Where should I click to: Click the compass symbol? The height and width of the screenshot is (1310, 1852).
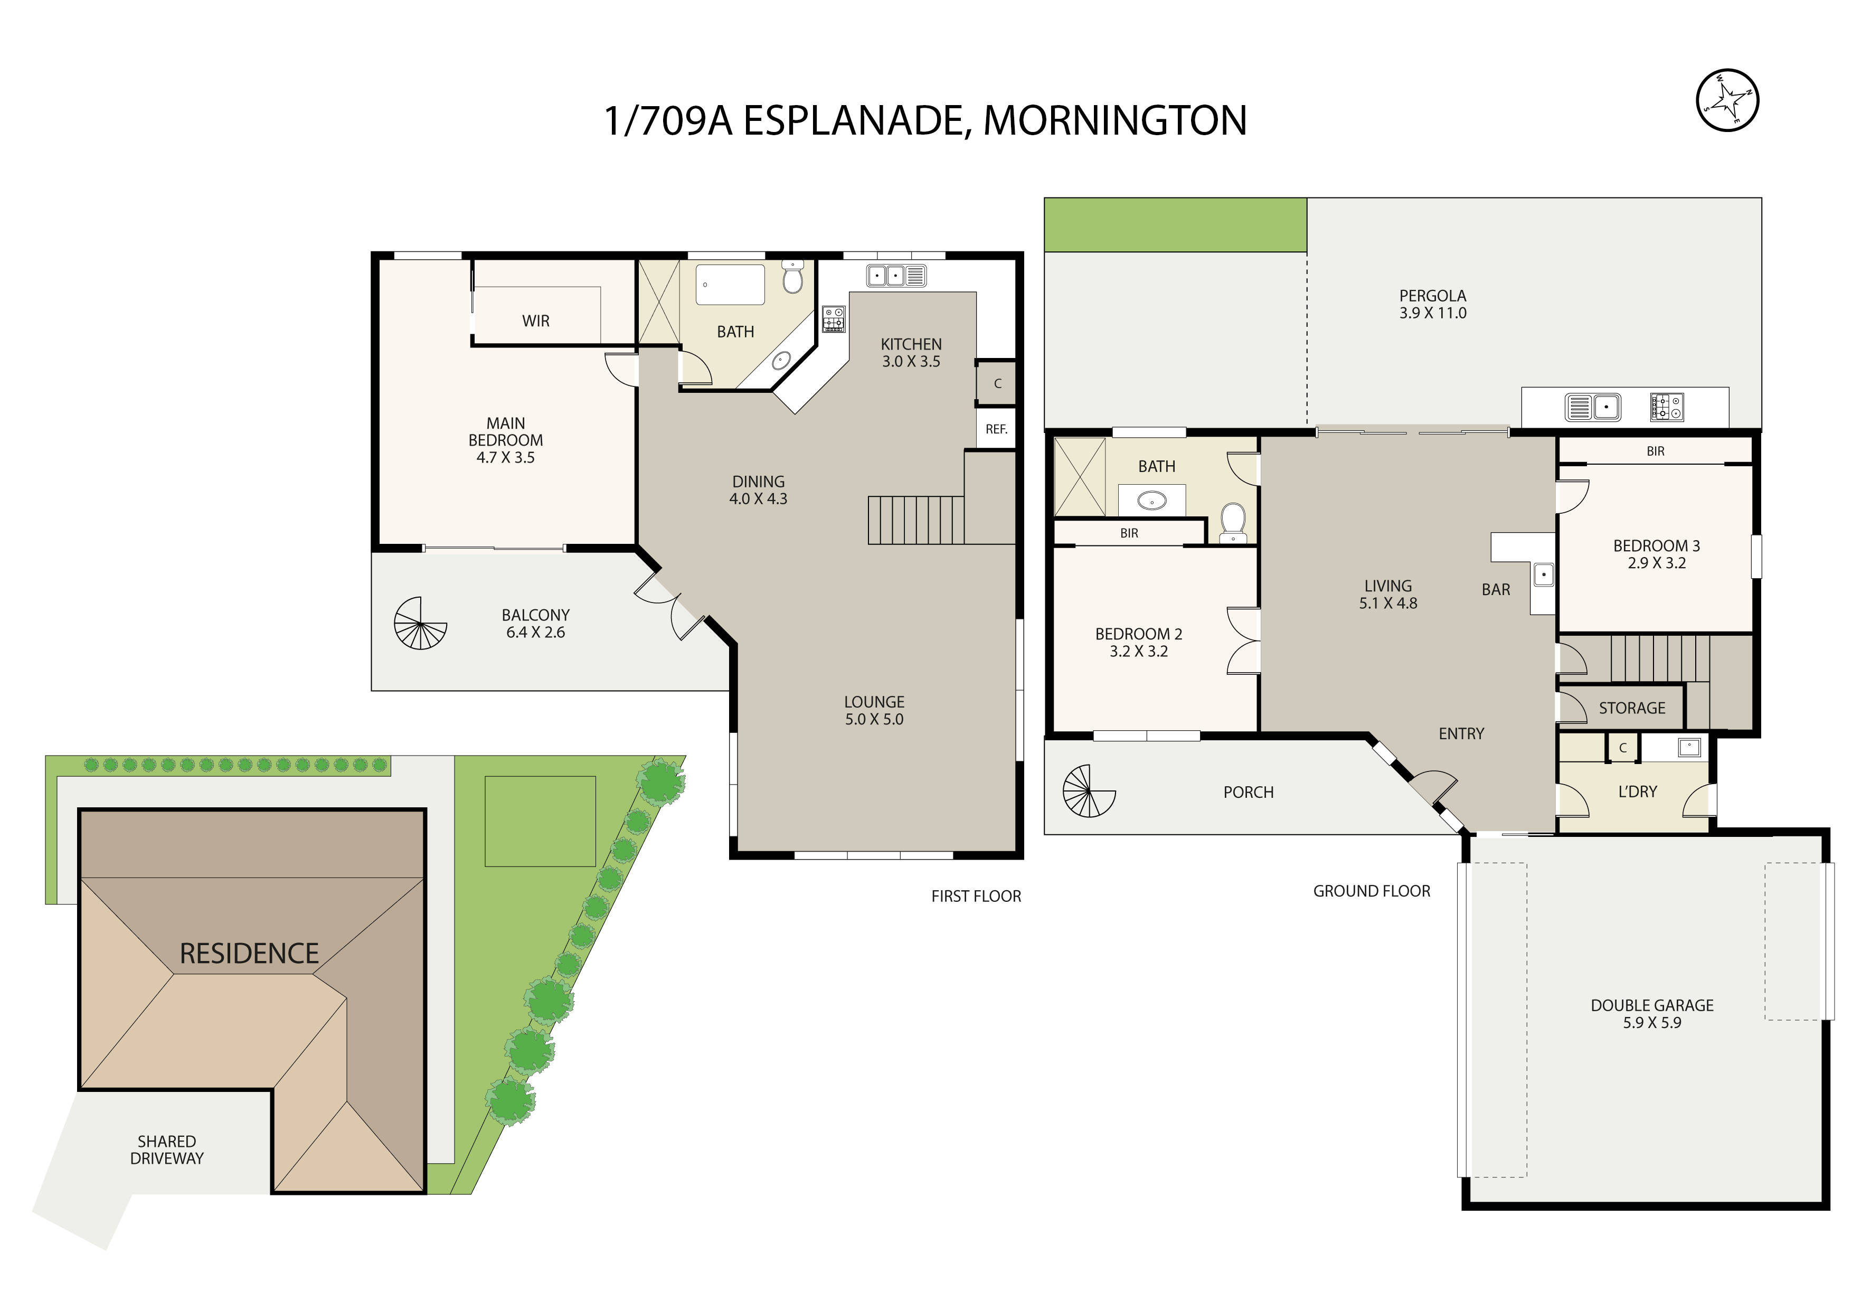pyautogui.click(x=1728, y=101)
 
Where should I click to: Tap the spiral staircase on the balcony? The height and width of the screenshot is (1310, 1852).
pyautogui.click(x=420, y=624)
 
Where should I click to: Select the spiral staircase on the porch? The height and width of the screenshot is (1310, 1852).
pyautogui.click(x=1089, y=791)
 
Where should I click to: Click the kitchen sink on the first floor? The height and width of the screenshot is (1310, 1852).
pyautogui.click(x=896, y=276)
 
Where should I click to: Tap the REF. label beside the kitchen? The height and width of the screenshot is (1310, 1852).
pyautogui.click(x=996, y=430)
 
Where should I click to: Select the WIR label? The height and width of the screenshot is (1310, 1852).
pyautogui.click(x=536, y=321)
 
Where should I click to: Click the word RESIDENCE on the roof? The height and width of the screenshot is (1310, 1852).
pyautogui.click(x=249, y=954)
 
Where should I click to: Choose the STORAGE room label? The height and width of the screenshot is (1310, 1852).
pyautogui.click(x=1632, y=708)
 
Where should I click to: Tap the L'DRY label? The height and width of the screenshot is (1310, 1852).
pyautogui.click(x=1638, y=792)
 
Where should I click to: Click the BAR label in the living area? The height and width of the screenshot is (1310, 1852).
pyautogui.click(x=1496, y=590)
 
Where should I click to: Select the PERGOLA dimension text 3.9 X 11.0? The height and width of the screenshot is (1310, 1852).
pyautogui.click(x=1433, y=313)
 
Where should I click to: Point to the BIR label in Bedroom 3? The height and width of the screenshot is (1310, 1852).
pyautogui.click(x=1655, y=452)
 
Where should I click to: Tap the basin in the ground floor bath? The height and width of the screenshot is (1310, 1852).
pyautogui.click(x=1152, y=502)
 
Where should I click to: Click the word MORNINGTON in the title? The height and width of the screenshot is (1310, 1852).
pyautogui.click(x=1115, y=121)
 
